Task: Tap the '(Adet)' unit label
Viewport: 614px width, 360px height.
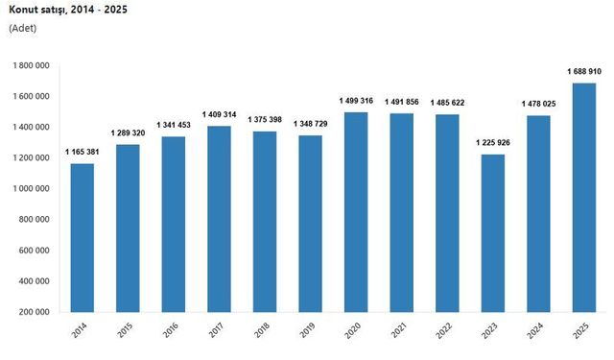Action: (23, 29)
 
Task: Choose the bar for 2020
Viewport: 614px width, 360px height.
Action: (356, 212)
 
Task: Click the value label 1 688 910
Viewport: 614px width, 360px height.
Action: (582, 71)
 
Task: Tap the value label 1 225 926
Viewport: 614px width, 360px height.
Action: (492, 143)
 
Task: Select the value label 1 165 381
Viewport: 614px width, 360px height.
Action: (83, 152)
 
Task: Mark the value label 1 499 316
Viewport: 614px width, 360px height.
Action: (356, 101)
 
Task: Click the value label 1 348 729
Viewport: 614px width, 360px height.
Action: (311, 124)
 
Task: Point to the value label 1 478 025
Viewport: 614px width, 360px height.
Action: (538, 104)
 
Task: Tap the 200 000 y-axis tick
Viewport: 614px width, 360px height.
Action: (35, 312)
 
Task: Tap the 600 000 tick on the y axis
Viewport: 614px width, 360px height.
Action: (35, 251)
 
